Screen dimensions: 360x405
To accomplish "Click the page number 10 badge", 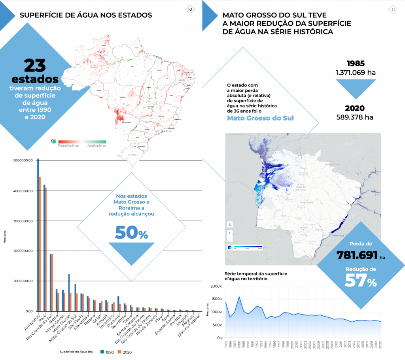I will tap(190, 9).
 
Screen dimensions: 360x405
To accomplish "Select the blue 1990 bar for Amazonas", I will tap(38, 235).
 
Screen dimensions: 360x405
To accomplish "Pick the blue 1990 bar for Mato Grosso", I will tap(69, 292).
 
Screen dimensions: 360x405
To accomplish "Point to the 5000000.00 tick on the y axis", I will tap(25, 160).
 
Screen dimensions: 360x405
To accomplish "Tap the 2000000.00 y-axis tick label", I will tap(25, 251).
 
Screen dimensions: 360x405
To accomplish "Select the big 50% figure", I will tap(131, 233).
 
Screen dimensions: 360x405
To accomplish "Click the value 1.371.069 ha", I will tap(355, 73).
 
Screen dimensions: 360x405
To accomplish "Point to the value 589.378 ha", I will tap(355, 117).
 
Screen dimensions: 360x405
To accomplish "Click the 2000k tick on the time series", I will tap(217, 286).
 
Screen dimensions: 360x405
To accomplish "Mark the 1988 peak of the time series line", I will tap(239, 297).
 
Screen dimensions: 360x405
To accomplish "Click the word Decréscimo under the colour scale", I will tap(68, 146).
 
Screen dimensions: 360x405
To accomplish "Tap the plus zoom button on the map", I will tap(230, 233).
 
